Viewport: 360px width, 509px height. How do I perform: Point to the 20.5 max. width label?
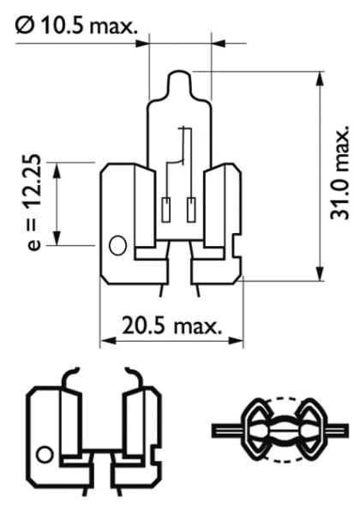pyautogui.click(x=171, y=325)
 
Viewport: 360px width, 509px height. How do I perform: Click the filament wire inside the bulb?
pyautogui.click(x=183, y=154)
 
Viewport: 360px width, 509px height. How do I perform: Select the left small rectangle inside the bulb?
pyautogui.click(x=167, y=207)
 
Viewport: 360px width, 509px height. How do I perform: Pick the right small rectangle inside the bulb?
pyautogui.click(x=191, y=207)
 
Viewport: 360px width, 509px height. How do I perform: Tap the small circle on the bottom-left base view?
pyautogui.click(x=45, y=453)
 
